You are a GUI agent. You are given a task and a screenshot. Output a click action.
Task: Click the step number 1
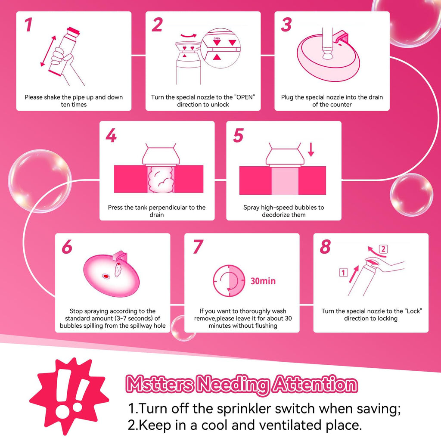click(x=28, y=25)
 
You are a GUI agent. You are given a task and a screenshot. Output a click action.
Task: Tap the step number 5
click(x=238, y=135)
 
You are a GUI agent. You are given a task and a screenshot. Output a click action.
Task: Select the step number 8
click(x=325, y=247)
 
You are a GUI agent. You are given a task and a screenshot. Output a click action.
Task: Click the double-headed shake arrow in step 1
click(x=48, y=51)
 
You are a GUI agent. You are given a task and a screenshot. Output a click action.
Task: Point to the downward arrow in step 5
click(x=311, y=149)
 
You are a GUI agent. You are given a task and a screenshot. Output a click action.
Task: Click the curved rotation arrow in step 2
click(x=189, y=36)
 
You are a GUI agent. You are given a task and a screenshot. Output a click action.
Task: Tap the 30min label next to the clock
click(x=263, y=281)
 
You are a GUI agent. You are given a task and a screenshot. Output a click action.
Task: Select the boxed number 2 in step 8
click(x=383, y=249)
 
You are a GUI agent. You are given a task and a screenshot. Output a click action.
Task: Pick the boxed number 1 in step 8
click(x=343, y=273)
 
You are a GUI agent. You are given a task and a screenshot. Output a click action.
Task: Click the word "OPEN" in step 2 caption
click(x=245, y=97)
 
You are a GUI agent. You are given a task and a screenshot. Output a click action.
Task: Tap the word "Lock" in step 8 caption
click(x=413, y=311)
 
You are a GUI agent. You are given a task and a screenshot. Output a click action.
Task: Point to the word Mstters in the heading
click(x=160, y=384)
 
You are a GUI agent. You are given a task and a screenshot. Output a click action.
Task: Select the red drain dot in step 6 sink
click(x=106, y=276)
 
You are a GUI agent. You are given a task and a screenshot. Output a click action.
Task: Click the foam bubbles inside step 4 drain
click(x=161, y=179)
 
